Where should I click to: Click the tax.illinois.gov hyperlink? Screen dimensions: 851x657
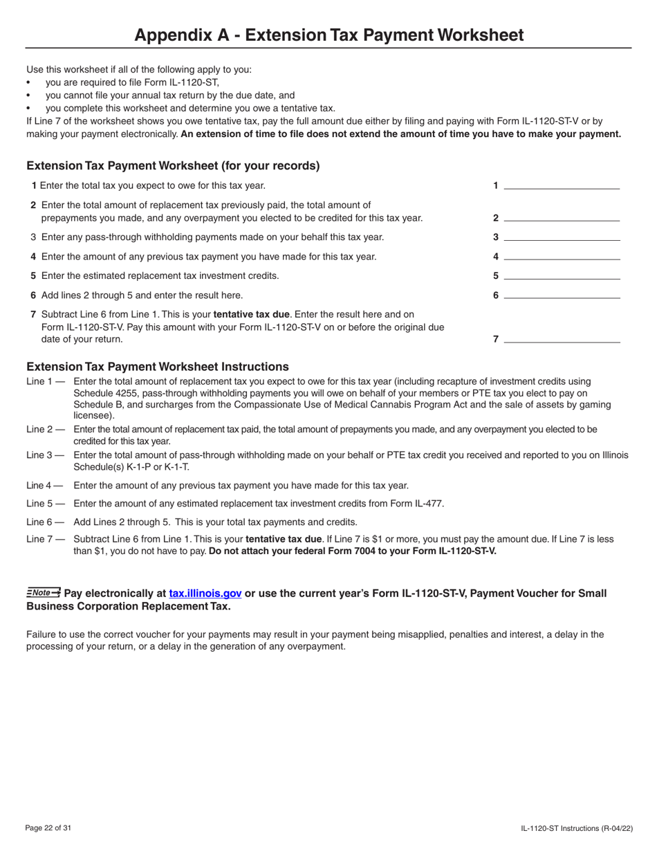click(x=205, y=594)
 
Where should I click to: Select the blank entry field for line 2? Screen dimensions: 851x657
click(x=562, y=217)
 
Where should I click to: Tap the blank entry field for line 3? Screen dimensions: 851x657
click(x=562, y=236)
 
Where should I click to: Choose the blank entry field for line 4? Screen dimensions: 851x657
click(x=562, y=255)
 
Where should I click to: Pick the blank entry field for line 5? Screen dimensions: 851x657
click(x=562, y=275)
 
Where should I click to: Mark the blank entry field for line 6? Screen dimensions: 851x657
click(x=562, y=294)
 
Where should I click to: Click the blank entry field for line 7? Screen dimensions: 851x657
click(x=562, y=338)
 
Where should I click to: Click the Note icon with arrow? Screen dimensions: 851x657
click(x=44, y=593)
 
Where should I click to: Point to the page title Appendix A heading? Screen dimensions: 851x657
click(x=328, y=35)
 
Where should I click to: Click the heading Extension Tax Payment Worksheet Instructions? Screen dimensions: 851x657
click(x=158, y=367)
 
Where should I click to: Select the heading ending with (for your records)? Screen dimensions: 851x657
click(x=173, y=166)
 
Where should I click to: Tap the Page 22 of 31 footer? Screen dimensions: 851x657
click(x=48, y=828)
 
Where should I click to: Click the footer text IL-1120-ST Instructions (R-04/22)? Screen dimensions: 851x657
click(x=576, y=828)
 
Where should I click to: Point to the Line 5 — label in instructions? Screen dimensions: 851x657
click(x=45, y=504)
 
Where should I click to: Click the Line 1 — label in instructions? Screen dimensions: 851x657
click(x=45, y=381)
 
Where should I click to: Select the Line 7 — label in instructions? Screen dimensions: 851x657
click(x=45, y=539)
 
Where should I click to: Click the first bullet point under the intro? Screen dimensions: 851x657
click(x=29, y=82)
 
